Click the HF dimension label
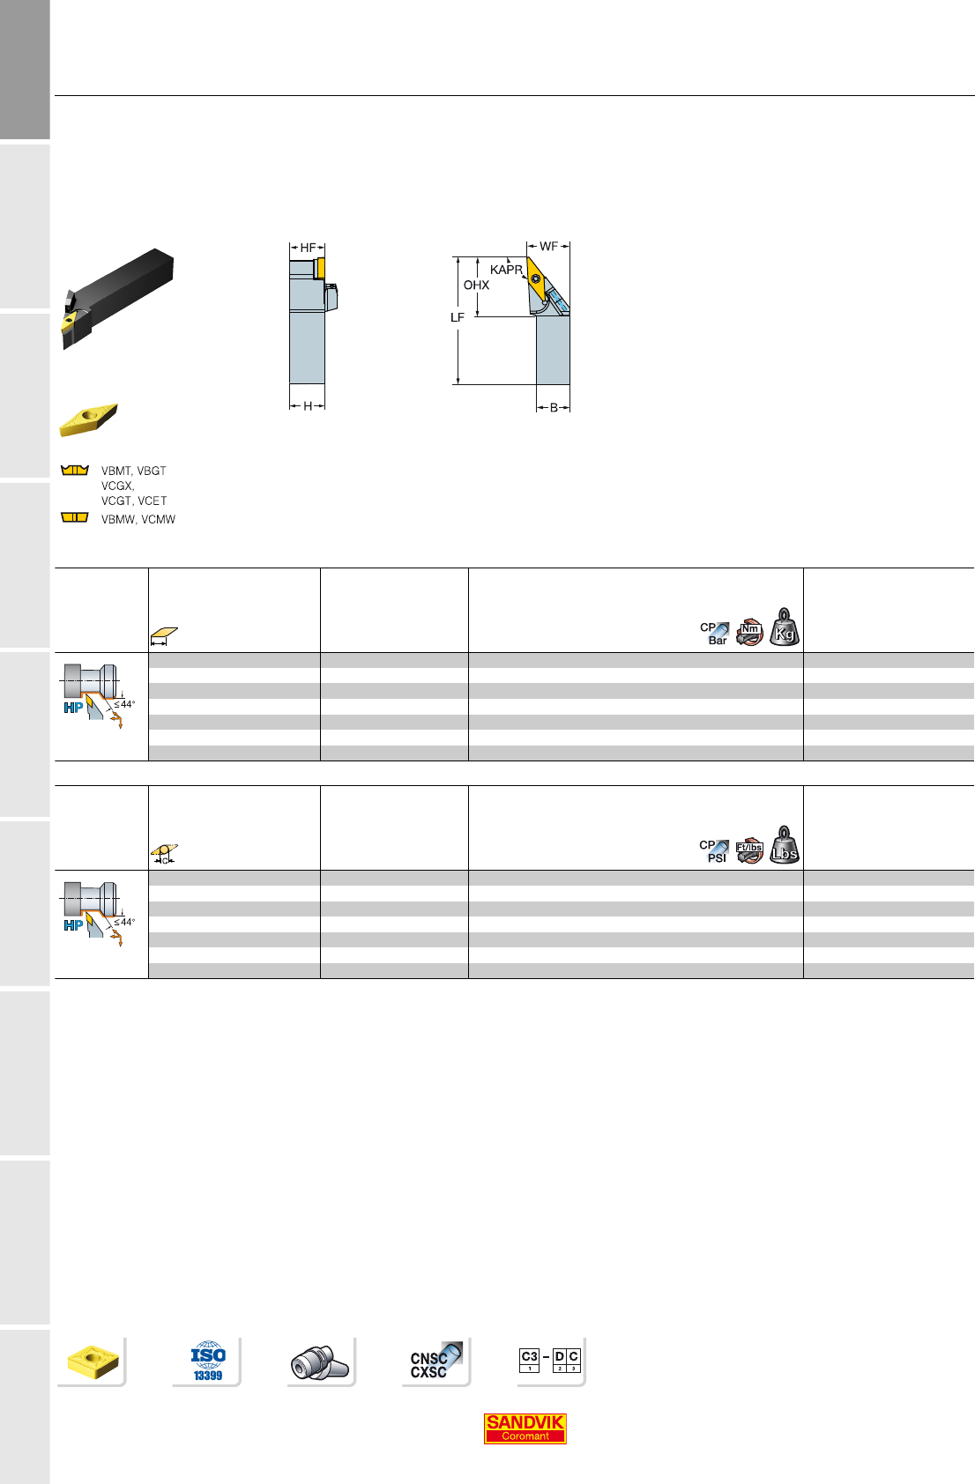click(x=308, y=248)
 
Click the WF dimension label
click(x=549, y=247)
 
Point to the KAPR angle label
click(x=506, y=270)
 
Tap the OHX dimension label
click(x=477, y=285)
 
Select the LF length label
click(x=458, y=317)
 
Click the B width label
click(x=554, y=407)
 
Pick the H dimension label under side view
click(x=308, y=406)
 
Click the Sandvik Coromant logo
click(x=525, y=1428)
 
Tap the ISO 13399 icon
click(x=208, y=1361)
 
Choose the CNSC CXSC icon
click(x=435, y=1361)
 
